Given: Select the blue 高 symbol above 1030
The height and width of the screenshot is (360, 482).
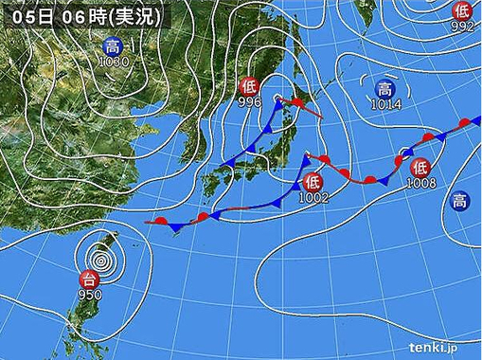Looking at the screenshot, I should tap(113, 47).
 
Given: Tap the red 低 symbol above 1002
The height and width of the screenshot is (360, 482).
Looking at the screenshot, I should tap(313, 182).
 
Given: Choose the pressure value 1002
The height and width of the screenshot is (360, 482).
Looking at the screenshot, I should tap(312, 197).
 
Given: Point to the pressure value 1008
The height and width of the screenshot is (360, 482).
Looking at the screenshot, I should tap(421, 182).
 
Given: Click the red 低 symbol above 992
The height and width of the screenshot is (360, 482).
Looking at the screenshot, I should tap(462, 10).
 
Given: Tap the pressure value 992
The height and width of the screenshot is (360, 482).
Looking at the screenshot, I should tap(462, 26).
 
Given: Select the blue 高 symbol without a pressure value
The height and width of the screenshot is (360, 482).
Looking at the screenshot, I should tap(458, 200).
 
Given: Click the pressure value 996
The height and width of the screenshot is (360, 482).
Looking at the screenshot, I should tap(249, 102).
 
